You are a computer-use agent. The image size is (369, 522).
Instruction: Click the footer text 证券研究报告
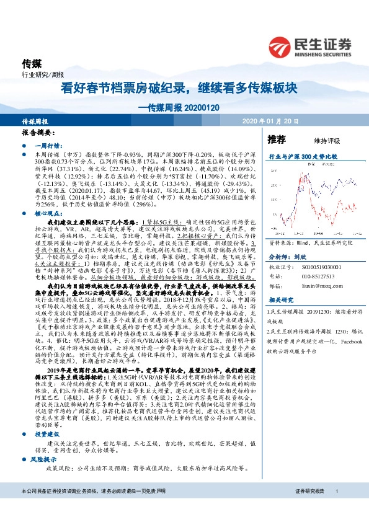[309, 508]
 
